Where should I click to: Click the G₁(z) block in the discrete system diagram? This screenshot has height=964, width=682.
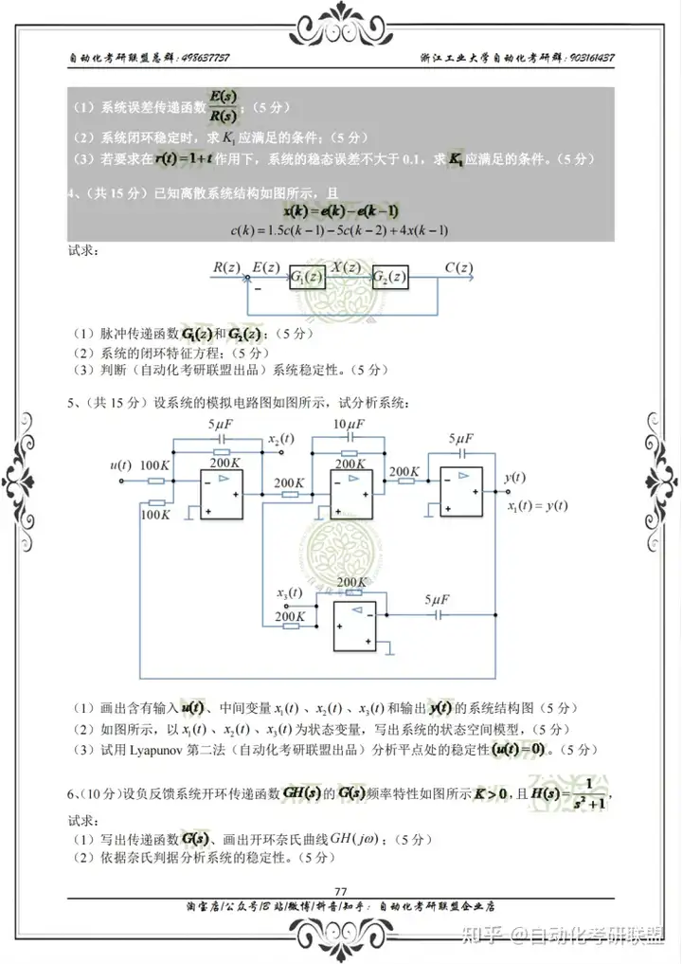click(x=309, y=278)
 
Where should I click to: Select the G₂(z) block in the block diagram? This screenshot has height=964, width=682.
click(x=390, y=278)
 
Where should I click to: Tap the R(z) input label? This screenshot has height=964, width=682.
click(x=227, y=267)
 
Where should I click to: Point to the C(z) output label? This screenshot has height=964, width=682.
click(x=458, y=267)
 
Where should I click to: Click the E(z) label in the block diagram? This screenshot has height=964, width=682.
click(x=266, y=267)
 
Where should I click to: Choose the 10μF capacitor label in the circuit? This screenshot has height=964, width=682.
click(x=350, y=424)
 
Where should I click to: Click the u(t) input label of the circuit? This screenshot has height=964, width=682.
click(x=120, y=464)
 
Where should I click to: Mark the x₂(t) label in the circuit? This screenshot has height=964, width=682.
click(x=281, y=440)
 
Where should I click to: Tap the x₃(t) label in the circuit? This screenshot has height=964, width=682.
click(x=290, y=593)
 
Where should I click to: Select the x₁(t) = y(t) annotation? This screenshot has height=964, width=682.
click(x=537, y=505)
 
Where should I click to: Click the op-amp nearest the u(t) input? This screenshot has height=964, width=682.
click(x=221, y=494)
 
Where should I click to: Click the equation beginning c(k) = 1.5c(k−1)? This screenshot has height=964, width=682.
click(x=339, y=230)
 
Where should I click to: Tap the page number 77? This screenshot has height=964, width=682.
click(x=341, y=889)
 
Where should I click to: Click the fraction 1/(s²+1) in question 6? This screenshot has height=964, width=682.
click(x=594, y=794)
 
